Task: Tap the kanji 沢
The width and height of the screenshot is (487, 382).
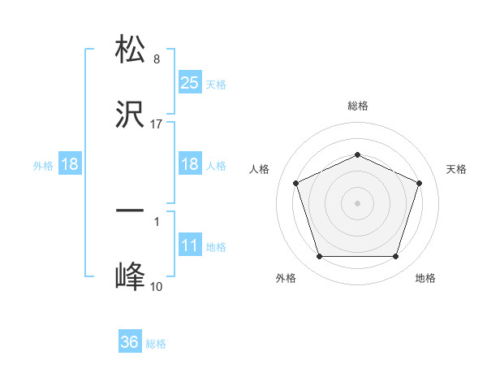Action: click(x=130, y=115)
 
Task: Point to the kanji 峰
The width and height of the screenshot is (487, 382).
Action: click(x=130, y=276)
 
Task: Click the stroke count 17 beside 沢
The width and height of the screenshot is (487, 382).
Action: click(x=157, y=124)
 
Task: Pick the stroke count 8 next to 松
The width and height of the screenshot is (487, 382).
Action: click(x=157, y=59)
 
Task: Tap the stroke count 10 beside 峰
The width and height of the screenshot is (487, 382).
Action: click(x=157, y=287)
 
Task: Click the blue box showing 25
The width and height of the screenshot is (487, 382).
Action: click(x=190, y=83)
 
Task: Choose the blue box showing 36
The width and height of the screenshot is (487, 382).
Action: click(x=130, y=343)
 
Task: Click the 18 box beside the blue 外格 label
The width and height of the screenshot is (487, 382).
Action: click(x=70, y=165)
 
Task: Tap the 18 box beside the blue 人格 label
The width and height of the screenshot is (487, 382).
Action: click(x=190, y=165)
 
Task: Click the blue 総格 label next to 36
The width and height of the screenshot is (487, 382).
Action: click(x=156, y=344)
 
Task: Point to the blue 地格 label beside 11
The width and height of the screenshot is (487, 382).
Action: click(x=216, y=247)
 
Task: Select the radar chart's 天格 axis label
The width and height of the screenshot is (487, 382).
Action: click(x=456, y=169)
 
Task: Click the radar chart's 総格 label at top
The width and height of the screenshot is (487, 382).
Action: click(x=357, y=106)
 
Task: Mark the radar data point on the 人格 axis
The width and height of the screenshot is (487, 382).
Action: click(x=295, y=183)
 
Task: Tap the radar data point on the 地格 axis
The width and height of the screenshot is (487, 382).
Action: click(x=395, y=256)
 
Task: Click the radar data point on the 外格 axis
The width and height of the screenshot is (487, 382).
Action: click(x=319, y=256)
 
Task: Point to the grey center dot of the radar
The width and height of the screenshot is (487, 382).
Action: click(x=357, y=202)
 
